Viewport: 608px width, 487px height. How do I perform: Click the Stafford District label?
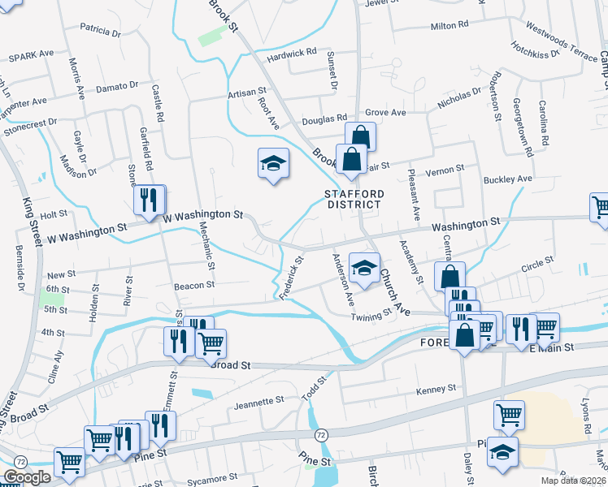pos(353,199)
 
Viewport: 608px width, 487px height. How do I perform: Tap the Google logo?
pos(26,477)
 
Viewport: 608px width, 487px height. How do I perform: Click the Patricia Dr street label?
pos(100,31)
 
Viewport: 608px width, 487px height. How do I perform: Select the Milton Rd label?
pos(449,26)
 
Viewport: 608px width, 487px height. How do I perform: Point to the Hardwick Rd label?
pos(292,53)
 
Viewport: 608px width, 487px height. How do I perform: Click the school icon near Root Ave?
pos(274,165)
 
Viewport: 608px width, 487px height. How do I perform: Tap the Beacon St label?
pos(193,285)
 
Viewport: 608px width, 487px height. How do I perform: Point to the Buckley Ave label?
pos(507,179)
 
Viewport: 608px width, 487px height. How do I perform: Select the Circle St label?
pos(537,263)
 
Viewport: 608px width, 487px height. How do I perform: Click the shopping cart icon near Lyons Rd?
pos(509,416)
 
